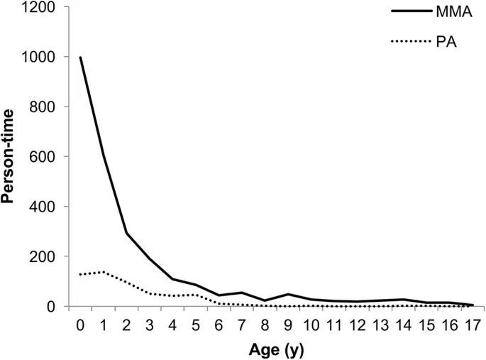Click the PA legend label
tap(445, 42)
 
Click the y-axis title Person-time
tap(9, 156)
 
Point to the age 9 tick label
tap(287, 325)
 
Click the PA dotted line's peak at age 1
tap(104, 272)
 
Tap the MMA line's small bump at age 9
tap(287, 294)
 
